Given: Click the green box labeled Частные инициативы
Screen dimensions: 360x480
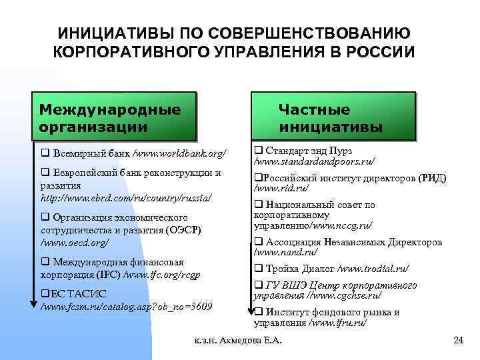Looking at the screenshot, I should (x=331, y=117).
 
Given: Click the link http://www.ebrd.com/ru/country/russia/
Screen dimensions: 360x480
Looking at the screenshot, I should (x=127, y=198).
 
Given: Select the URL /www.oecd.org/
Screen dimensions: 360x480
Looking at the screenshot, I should (x=74, y=242).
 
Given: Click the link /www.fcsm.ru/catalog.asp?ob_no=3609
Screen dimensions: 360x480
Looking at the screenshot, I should (x=127, y=307).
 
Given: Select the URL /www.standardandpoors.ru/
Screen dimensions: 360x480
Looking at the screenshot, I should (x=314, y=161).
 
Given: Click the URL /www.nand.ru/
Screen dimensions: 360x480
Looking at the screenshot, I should (x=286, y=253).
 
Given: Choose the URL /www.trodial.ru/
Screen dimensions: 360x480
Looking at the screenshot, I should (x=373, y=269).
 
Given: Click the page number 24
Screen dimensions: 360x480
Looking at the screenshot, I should (x=457, y=341).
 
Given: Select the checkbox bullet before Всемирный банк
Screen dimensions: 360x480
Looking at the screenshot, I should (x=45, y=154).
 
